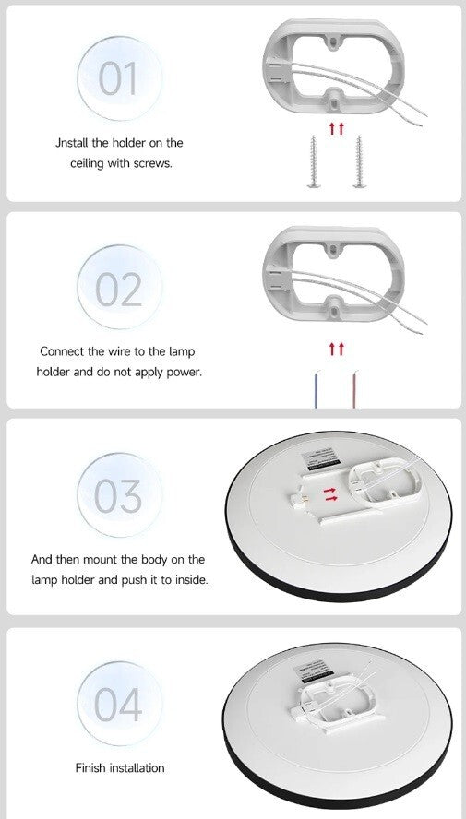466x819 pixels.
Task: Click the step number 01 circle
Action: click(x=119, y=78)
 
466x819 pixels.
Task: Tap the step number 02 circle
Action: click(x=119, y=287)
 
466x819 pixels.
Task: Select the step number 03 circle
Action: click(x=119, y=494)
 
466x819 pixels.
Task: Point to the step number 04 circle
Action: click(x=119, y=704)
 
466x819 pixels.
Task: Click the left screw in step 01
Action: click(x=314, y=161)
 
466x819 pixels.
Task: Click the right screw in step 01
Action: click(x=359, y=161)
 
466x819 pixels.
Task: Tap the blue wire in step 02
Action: click(x=316, y=389)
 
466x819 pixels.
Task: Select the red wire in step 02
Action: click(x=354, y=389)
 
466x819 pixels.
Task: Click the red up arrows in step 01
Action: click(x=337, y=128)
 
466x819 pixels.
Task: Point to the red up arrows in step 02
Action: click(x=337, y=349)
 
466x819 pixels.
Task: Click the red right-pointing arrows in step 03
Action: click(x=330, y=494)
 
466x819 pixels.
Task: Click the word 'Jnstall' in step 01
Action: click(x=72, y=143)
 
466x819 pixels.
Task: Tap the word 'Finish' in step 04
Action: click(x=90, y=767)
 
